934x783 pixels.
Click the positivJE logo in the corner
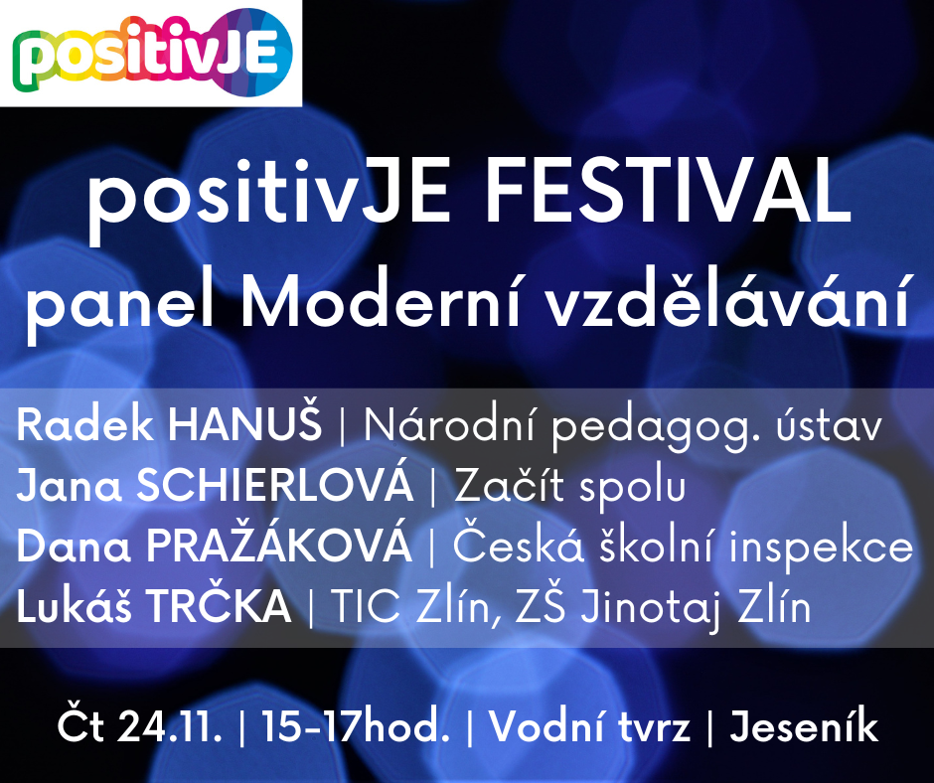(x=152, y=53)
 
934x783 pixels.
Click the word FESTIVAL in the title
(x=669, y=190)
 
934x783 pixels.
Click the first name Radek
(x=85, y=425)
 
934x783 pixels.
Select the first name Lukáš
(x=74, y=605)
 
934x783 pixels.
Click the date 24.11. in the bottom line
(x=170, y=727)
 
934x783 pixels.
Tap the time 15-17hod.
(x=356, y=727)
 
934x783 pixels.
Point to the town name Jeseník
(x=804, y=727)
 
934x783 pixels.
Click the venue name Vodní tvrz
(x=589, y=727)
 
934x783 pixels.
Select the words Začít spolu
(x=570, y=485)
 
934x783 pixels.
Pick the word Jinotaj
(x=646, y=608)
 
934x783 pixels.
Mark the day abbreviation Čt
(x=81, y=724)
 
